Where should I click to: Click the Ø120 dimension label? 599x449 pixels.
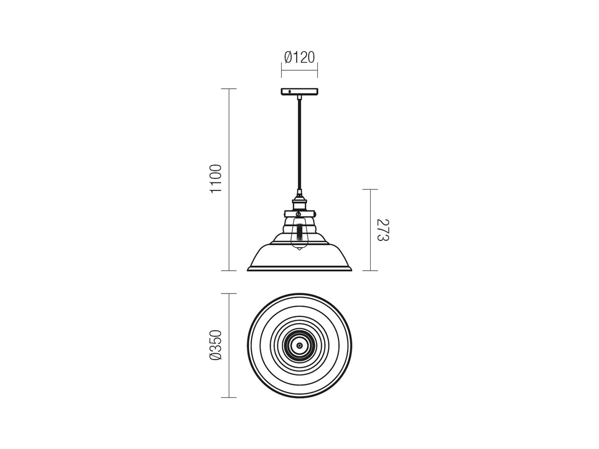coord(299,57)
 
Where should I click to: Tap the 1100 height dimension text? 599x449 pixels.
coord(216,179)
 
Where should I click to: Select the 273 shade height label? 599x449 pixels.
coord(383,230)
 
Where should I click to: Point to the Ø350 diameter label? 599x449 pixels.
coord(216,345)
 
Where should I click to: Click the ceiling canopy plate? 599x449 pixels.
coord(299,92)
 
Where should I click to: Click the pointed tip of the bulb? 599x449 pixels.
coord(299,250)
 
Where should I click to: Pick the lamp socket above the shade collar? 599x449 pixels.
coord(299,204)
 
